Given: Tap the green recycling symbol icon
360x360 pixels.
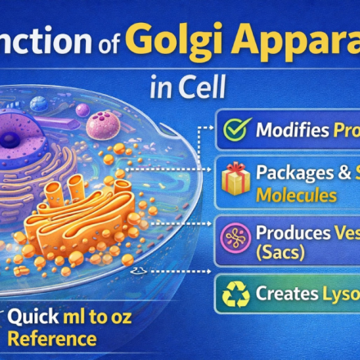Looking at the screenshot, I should tap(235, 295).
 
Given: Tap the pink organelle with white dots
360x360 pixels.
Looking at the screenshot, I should tap(101, 125).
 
